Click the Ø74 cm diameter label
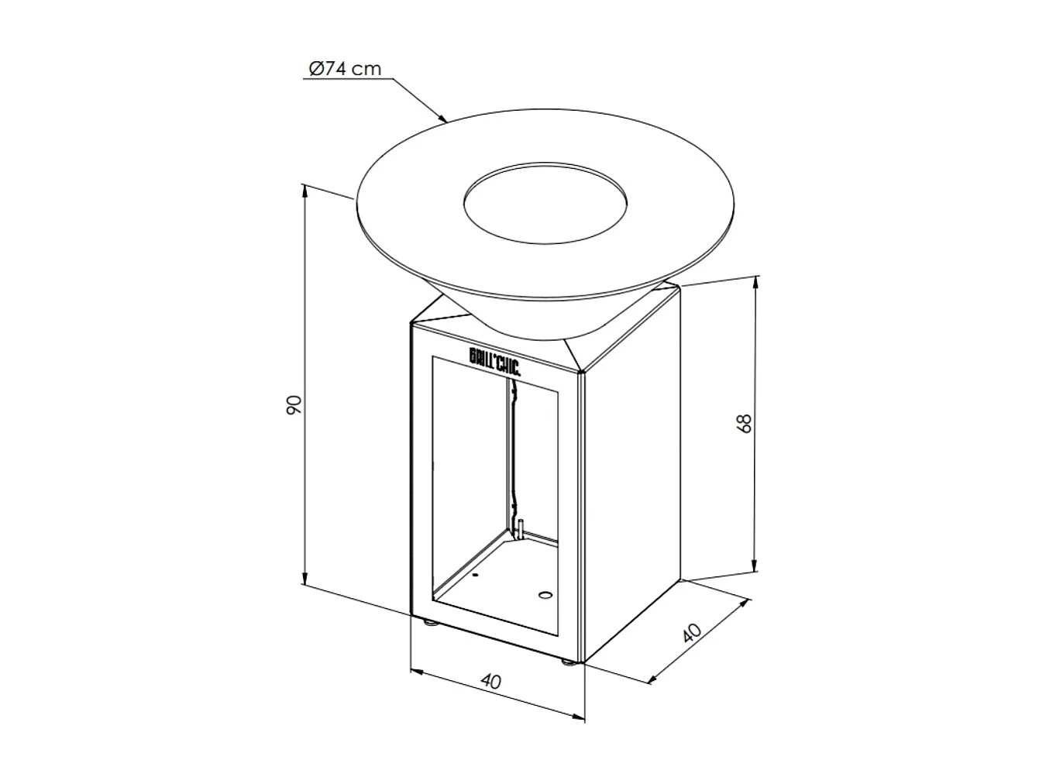345,69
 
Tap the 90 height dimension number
293,404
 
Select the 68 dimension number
745,423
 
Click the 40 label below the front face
490,681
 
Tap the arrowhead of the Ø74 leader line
444,119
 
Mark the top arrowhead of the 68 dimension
755,281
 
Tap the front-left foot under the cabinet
428,621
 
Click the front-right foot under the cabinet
568,662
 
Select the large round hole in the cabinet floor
545,596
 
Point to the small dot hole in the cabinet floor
475,576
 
